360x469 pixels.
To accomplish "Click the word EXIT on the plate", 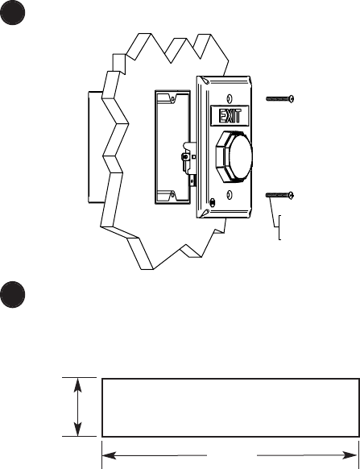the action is [230, 116].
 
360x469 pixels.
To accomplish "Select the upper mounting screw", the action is [280, 98].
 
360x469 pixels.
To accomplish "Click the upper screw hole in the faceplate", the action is [230, 98].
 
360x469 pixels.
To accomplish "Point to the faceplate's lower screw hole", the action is [229, 195].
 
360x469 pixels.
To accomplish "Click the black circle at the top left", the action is [12, 12].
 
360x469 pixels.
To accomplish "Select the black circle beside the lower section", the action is [12, 294].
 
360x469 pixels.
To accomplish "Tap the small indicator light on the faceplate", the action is [213, 202].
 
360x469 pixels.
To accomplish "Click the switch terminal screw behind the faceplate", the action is [186, 156].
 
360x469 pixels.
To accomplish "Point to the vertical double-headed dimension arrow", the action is [78, 407].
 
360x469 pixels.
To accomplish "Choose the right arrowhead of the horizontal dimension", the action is [350, 455].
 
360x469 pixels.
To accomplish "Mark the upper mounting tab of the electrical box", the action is [173, 98].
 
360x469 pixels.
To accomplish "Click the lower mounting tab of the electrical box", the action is [173, 196].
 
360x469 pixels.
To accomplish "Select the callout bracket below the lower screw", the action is [279, 227].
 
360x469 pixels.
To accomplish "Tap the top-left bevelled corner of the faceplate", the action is [204, 80].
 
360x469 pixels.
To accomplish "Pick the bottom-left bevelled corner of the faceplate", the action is [205, 214].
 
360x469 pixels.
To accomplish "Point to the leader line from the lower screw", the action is [273, 213].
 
